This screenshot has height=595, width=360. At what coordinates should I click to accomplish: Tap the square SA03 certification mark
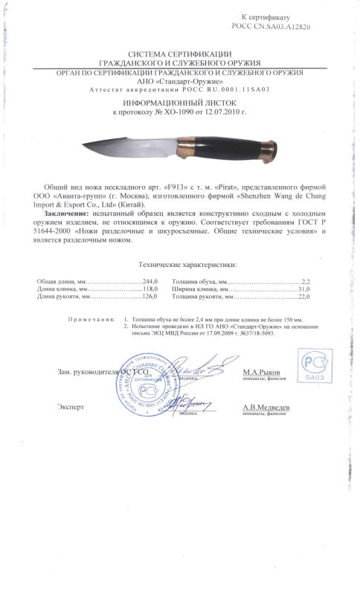click(x=313, y=366)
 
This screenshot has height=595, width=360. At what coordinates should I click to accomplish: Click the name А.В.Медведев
click(x=266, y=408)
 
